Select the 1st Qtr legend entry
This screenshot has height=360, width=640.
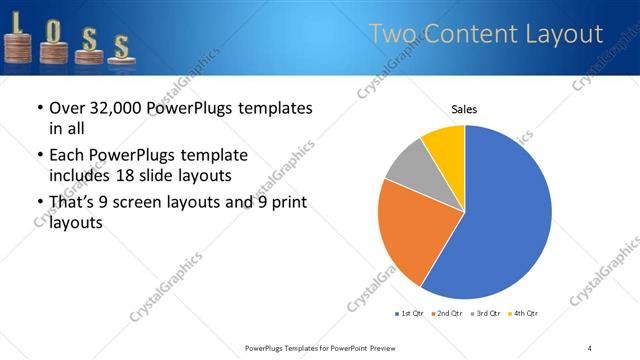410,314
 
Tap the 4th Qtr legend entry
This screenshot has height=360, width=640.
525,314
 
